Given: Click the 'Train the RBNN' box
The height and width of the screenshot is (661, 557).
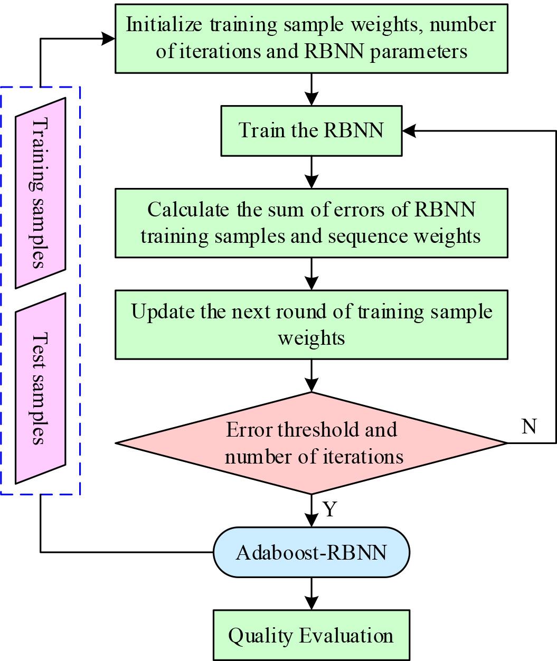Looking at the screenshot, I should [311, 130].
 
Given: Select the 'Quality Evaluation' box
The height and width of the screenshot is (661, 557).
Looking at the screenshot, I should [311, 635].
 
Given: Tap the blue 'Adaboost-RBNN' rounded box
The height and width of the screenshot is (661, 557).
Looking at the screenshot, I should [311, 552].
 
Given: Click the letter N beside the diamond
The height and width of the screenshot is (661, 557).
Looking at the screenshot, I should [528, 426].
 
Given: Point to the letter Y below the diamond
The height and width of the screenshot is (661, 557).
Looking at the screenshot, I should [330, 509].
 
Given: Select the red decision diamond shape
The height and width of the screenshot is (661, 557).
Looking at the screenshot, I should [311, 442].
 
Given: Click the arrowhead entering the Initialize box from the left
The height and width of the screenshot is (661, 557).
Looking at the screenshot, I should [109, 39].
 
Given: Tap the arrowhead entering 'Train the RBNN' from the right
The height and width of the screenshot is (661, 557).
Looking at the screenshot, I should [408, 130].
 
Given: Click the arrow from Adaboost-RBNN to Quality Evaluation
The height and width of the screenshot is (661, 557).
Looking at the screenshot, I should [312, 593].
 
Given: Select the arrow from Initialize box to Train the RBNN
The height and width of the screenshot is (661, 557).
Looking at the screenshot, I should [312, 89].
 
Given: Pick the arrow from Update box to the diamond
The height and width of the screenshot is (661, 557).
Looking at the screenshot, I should [312, 375].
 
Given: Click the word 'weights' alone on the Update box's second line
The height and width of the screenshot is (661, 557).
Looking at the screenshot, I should [311, 337].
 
